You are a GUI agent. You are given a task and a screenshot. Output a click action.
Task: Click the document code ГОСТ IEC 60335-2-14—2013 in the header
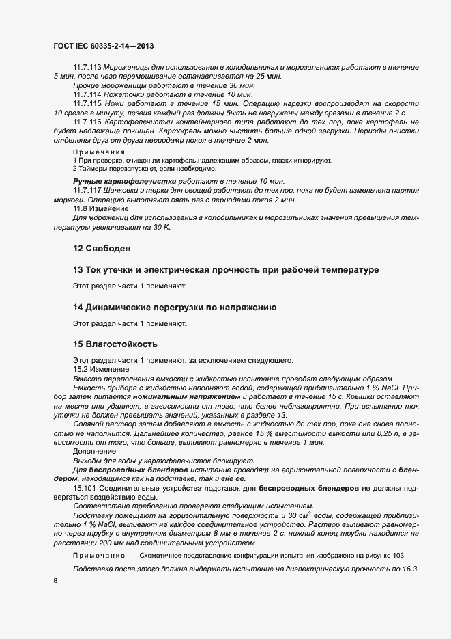tap(103, 46)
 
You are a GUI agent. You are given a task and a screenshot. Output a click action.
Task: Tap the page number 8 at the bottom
tap(55, 581)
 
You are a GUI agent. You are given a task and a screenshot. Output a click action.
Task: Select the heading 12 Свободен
tap(101, 247)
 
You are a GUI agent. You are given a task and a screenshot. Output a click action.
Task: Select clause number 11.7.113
tap(87, 69)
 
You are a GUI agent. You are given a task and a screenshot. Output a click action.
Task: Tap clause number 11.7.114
tap(87, 94)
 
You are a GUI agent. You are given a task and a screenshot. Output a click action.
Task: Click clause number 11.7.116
tap(87, 120)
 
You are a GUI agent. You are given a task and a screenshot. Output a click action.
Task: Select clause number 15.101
tap(85, 488)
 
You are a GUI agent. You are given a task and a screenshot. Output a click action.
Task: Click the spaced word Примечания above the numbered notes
tap(99, 151)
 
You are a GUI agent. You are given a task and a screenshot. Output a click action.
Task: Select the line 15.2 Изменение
tap(96, 369)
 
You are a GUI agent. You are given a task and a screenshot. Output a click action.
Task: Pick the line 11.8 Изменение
tap(96, 208)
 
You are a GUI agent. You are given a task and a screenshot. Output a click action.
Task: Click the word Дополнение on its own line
tap(94, 452)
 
